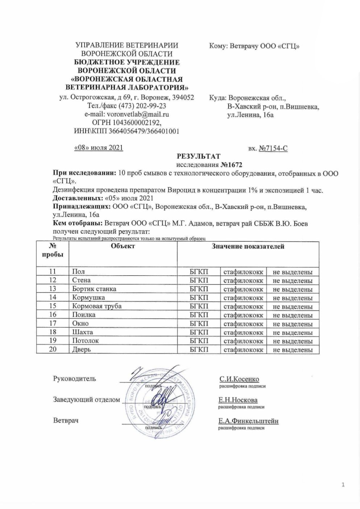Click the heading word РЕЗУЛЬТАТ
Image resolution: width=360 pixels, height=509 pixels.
(x=198, y=156)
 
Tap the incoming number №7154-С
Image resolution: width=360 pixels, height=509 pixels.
(x=273, y=148)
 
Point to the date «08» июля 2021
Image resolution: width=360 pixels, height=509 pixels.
(x=99, y=148)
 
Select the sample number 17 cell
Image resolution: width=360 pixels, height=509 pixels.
(x=53, y=324)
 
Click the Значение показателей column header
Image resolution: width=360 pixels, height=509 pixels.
(x=248, y=247)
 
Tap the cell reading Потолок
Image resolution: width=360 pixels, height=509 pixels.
(x=85, y=341)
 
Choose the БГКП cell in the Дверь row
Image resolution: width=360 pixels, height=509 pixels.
(x=199, y=350)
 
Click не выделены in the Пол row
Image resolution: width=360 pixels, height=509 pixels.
(x=293, y=272)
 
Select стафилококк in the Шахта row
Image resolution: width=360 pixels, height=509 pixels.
(x=243, y=332)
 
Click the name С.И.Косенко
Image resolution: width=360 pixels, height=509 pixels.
(x=239, y=379)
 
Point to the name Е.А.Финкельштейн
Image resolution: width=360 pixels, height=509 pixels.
(x=248, y=421)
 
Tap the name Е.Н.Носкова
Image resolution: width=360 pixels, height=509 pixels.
(x=238, y=400)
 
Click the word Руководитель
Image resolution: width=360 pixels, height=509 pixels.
(x=75, y=379)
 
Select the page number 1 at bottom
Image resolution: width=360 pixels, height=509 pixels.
(x=343, y=485)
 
